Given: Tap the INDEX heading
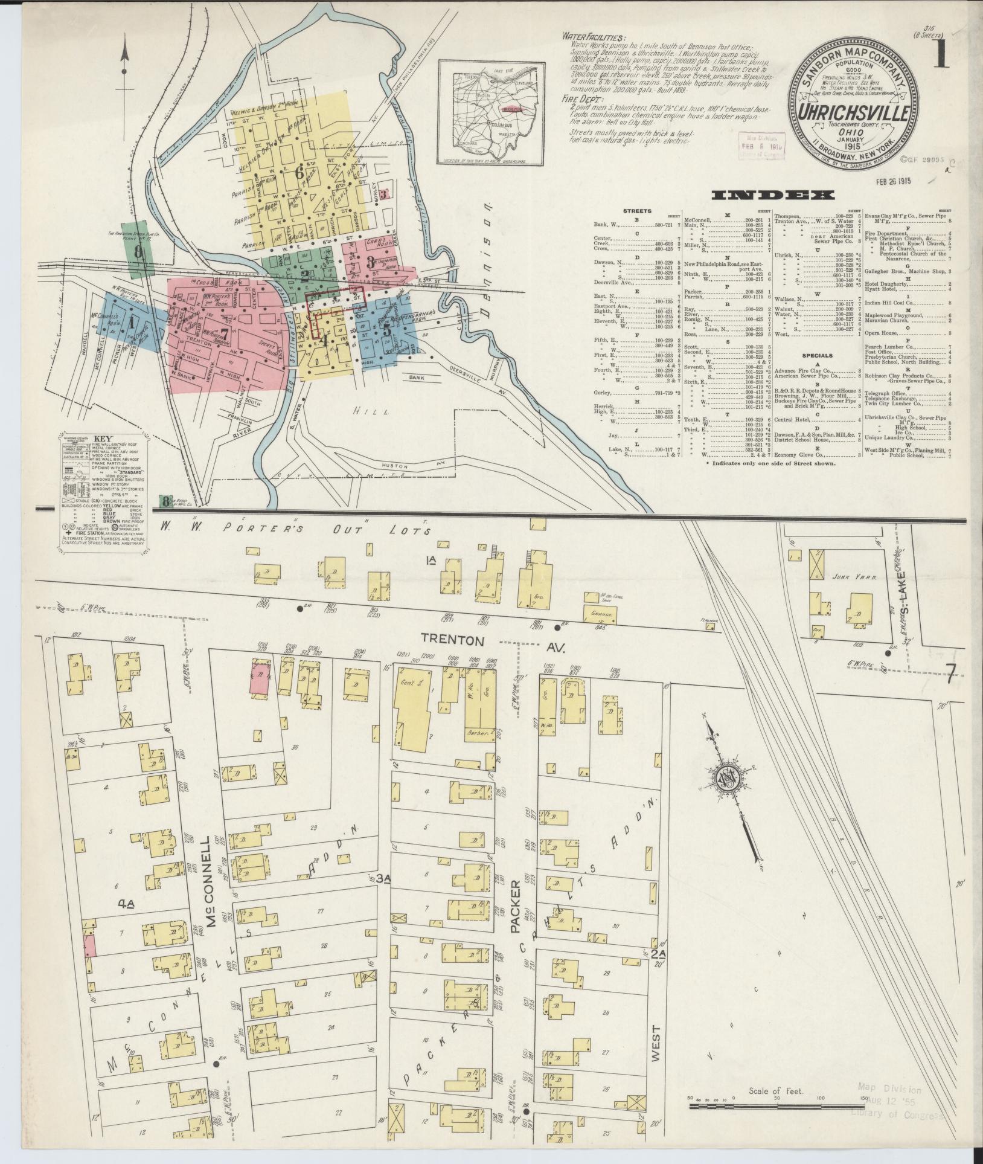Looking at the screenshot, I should [x=773, y=195].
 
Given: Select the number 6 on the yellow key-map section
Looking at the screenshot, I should [x=298, y=172].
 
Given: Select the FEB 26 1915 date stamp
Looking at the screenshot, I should [x=886, y=180].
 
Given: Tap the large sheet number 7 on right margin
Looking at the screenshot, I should [x=950, y=672].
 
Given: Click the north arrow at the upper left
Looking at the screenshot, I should [x=125, y=60].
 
